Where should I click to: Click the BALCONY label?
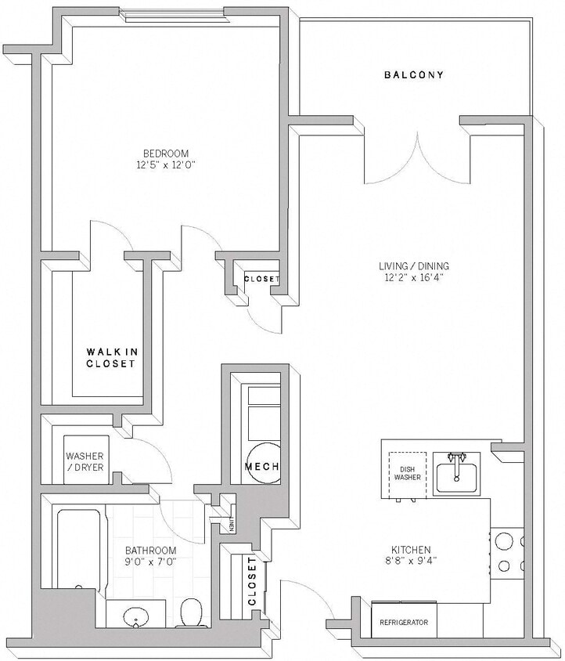[413, 75]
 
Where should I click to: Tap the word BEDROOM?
[165, 153]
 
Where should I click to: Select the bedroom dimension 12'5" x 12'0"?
[165, 165]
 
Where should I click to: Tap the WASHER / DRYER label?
[84, 461]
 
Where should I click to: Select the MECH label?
[261, 467]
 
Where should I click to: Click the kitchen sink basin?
[457, 475]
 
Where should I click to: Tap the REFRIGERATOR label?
[404, 623]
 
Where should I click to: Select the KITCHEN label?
[412, 550]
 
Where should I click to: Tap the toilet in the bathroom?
[190, 612]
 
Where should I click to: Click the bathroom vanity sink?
[136, 618]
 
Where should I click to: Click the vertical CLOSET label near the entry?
[252, 581]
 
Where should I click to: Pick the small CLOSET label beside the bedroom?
[261, 279]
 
